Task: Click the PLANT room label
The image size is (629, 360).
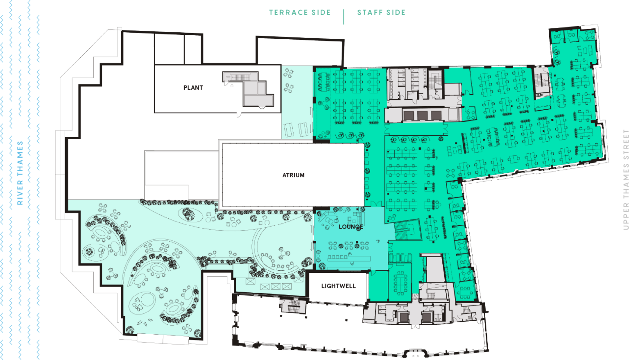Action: tap(193, 88)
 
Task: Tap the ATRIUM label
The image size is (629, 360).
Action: tap(293, 175)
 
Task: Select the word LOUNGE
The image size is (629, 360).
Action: tap(351, 227)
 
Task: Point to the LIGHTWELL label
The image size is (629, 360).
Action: tap(338, 286)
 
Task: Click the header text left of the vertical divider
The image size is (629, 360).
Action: tap(300, 13)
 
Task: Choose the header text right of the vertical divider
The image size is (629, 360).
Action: tap(381, 13)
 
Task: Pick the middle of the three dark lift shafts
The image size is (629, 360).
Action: tap(422, 115)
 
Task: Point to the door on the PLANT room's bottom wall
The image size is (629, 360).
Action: tap(239, 115)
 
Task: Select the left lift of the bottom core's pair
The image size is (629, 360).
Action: tap(403, 317)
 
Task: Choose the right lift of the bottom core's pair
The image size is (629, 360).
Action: tap(427, 317)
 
